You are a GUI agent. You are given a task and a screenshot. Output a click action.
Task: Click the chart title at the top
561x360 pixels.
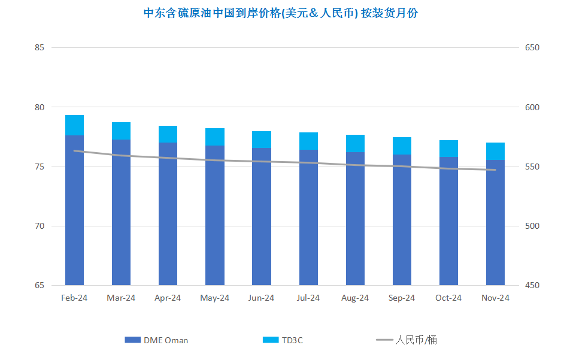(x=280, y=13)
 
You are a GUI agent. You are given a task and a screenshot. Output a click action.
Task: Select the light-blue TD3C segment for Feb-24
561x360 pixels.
(x=74, y=125)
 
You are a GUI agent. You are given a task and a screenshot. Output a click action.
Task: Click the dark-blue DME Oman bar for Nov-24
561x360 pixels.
(x=495, y=223)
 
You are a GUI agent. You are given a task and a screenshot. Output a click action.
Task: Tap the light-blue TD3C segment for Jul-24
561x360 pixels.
(x=308, y=141)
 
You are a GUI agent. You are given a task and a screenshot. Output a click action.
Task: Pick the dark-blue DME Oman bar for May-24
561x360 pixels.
(x=215, y=216)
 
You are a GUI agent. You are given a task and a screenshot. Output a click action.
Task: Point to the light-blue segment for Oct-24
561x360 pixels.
(x=448, y=149)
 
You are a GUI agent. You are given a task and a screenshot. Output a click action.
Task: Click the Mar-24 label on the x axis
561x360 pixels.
(x=121, y=298)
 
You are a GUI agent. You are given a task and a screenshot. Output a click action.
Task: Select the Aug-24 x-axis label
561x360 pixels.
(x=355, y=298)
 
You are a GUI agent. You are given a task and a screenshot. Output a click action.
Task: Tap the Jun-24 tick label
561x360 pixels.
(x=261, y=298)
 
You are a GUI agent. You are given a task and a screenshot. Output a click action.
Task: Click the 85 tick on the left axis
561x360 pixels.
(x=40, y=47)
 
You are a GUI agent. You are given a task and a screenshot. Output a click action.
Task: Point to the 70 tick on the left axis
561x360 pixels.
(x=40, y=226)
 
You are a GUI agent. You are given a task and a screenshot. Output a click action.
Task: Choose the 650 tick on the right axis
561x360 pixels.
(x=532, y=47)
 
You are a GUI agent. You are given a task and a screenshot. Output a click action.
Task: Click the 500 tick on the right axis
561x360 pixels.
(x=532, y=226)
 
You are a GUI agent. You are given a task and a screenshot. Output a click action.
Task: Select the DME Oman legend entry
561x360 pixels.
(x=156, y=340)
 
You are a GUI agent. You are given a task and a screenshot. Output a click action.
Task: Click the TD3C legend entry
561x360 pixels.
(x=283, y=340)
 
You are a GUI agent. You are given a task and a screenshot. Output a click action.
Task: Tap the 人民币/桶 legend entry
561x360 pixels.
(x=407, y=340)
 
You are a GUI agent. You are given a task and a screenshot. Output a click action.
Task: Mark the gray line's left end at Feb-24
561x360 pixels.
(x=74, y=151)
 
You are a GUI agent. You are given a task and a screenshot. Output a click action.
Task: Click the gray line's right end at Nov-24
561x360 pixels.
(x=496, y=170)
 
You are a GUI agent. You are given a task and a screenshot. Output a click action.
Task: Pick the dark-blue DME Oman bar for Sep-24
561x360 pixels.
(x=402, y=220)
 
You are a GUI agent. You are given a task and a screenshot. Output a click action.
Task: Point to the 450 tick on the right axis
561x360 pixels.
(x=532, y=286)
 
